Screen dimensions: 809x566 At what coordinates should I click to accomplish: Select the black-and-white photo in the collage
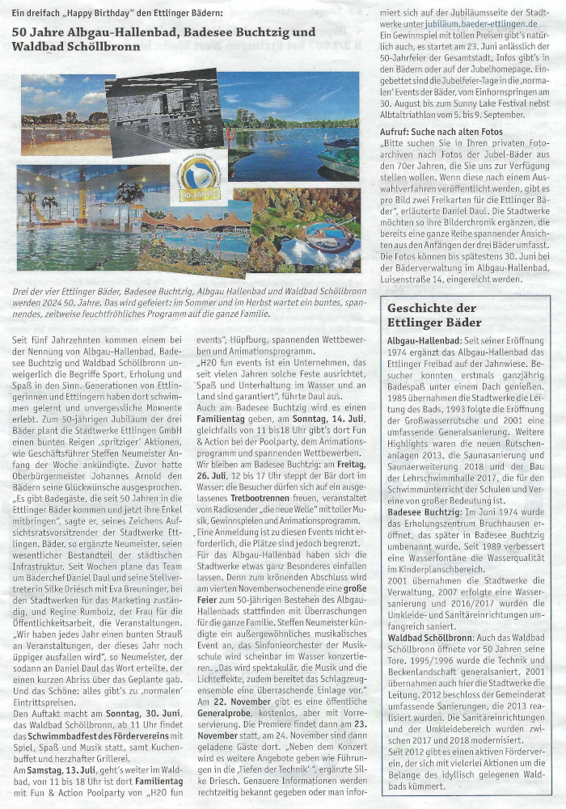(x=164, y=112)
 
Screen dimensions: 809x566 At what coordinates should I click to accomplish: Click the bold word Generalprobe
(x=229, y=714)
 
